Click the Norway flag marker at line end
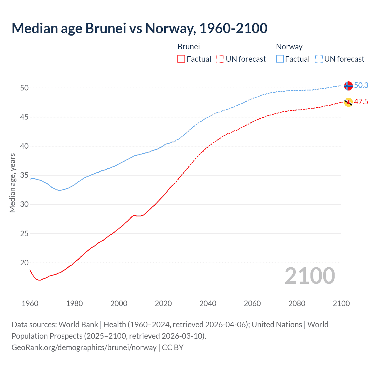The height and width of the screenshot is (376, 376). [x=348, y=85]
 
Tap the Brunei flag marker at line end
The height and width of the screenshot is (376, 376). [x=348, y=102]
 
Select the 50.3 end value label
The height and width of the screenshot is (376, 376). [x=361, y=85]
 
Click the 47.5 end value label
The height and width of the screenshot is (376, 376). [x=361, y=102]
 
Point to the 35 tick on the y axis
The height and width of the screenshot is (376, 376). [x=24, y=175]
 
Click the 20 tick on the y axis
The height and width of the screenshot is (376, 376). [x=24, y=263]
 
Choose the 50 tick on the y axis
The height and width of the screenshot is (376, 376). [x=24, y=88]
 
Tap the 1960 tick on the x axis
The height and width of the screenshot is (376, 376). [x=30, y=303]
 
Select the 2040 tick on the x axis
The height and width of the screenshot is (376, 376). [x=208, y=303]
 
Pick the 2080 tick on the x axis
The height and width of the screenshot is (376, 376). [x=297, y=303]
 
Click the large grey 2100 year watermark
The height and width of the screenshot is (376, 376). [x=310, y=276]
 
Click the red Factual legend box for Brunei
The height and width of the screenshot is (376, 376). [x=181, y=59]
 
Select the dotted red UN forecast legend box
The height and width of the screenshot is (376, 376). [x=220, y=59]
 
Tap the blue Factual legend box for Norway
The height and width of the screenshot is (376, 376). [x=280, y=59]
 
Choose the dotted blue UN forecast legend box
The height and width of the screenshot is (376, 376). [x=319, y=59]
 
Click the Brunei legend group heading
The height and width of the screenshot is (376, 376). [x=189, y=47]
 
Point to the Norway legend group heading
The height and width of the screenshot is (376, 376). [x=289, y=47]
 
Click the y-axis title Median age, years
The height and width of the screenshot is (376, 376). [x=12, y=183]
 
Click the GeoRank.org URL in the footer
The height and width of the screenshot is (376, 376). [x=84, y=348]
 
